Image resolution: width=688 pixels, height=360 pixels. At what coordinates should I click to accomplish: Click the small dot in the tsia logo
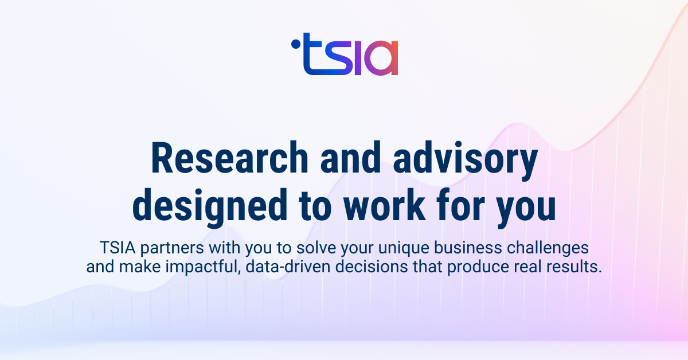coord(295,42)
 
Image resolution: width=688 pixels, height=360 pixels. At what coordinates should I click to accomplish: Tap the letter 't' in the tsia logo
coord(312,56)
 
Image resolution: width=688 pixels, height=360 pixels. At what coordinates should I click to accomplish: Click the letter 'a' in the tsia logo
coord(380,61)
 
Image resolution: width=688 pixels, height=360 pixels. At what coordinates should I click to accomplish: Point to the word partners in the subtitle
coord(172,249)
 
